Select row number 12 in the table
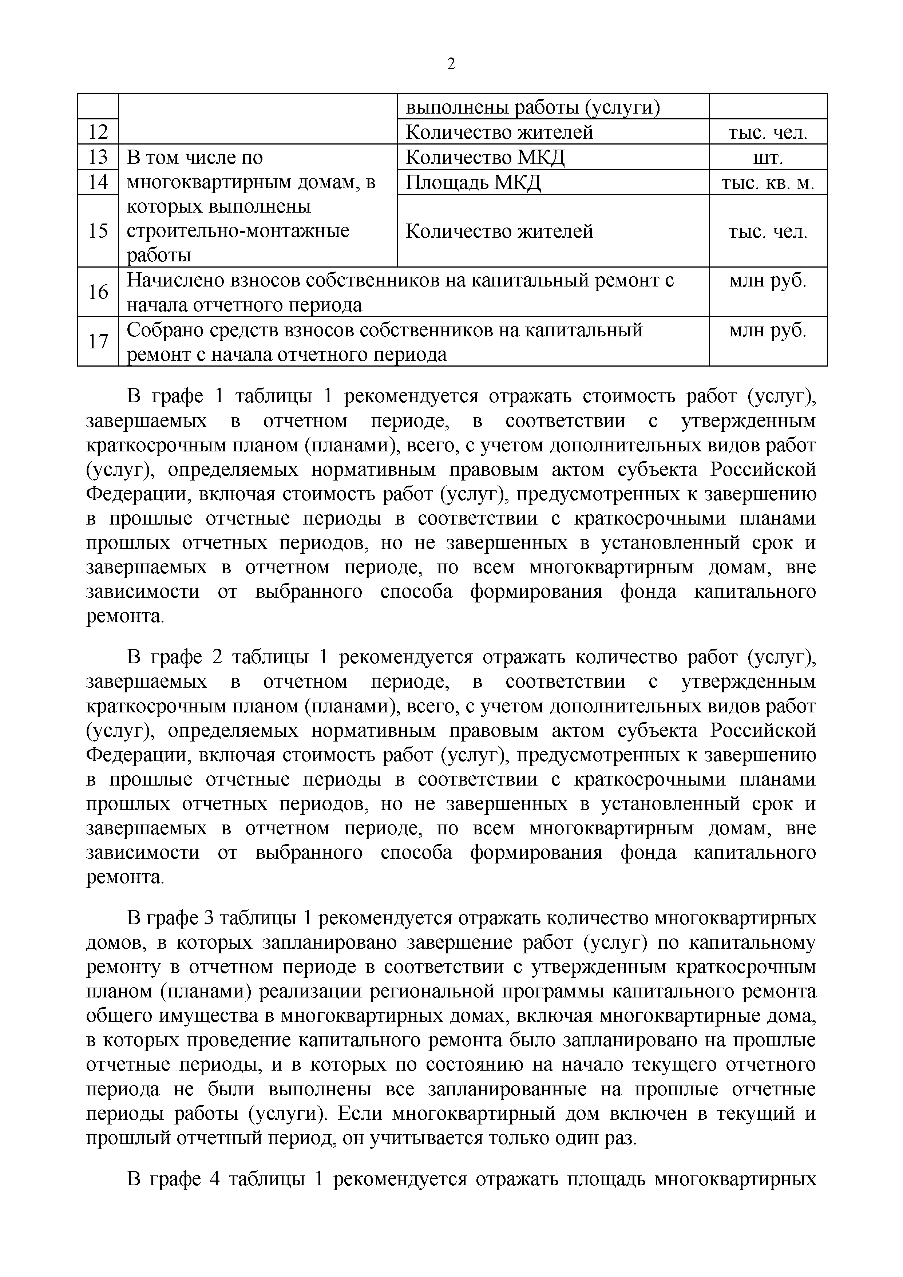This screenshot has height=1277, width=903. coord(98,133)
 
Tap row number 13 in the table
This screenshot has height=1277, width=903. coord(98,157)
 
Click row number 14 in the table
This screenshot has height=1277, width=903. coord(98,182)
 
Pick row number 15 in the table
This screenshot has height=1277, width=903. coord(98,231)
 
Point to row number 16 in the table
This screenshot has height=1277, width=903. coord(98,292)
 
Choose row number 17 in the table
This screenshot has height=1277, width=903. coord(98,341)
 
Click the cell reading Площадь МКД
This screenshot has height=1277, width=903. coord(473,182)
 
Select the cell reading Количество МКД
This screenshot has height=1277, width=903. coord(485,157)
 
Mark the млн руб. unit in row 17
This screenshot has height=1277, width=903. coord(768,331)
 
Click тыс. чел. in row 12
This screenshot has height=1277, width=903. coord(768,133)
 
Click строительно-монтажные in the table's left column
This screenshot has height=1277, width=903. coord(238,231)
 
